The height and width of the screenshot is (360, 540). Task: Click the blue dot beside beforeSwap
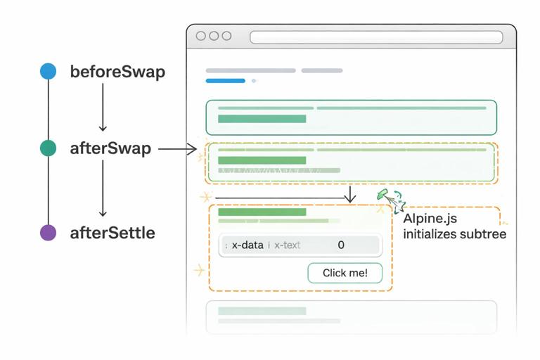click(48, 71)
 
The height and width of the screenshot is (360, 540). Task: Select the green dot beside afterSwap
click(48, 148)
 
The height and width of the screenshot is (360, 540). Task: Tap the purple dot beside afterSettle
click(48, 233)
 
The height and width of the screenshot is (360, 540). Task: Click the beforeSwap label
click(117, 72)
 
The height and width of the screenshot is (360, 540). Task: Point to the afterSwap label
click(110, 149)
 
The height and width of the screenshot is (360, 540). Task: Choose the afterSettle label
click(112, 233)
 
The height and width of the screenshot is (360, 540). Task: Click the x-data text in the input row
click(247, 245)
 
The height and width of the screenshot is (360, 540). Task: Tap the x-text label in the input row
click(287, 245)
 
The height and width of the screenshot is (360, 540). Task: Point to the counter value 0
click(341, 245)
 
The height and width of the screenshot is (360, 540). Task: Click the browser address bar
click(376, 37)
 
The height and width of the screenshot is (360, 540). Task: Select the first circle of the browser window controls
click(201, 37)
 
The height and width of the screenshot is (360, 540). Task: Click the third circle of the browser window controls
click(226, 37)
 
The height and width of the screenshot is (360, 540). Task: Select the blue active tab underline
click(225, 81)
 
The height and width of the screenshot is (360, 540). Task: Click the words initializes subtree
click(454, 234)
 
